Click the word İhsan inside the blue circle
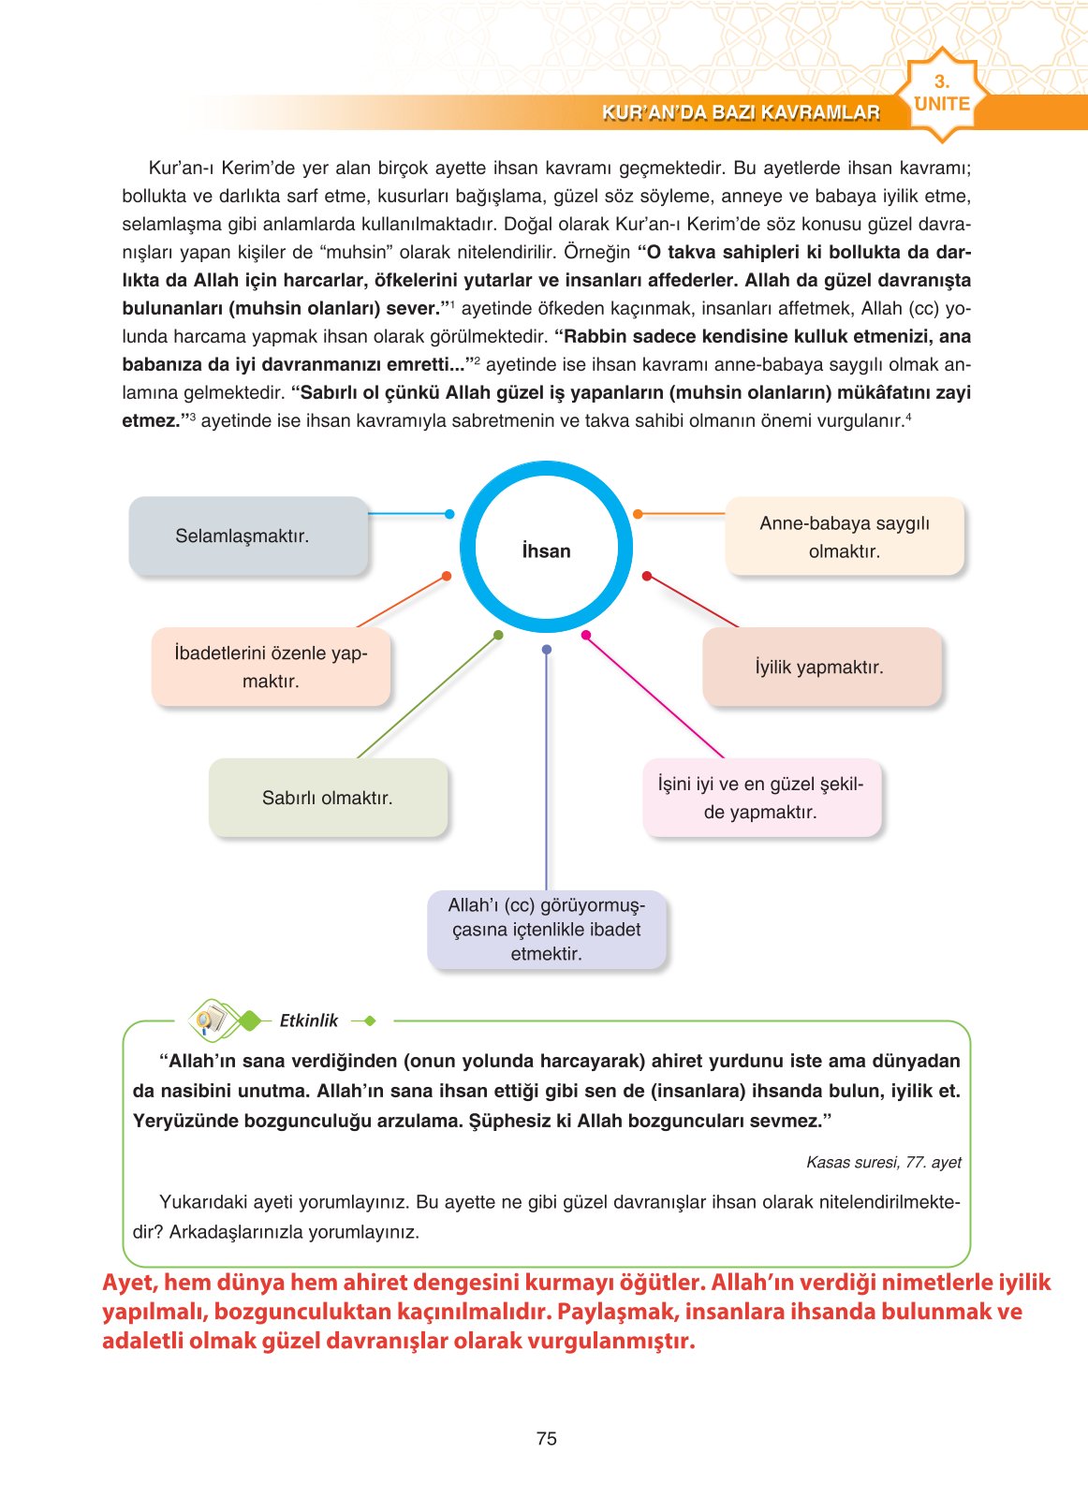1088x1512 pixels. pos(546,550)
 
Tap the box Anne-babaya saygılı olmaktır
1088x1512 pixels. pos(845,536)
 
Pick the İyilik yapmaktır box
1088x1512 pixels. pos(821,667)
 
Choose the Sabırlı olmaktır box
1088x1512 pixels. pos(328,798)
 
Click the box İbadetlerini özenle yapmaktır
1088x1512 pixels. pos(271,667)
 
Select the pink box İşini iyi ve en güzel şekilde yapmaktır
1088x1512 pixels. pos(761,798)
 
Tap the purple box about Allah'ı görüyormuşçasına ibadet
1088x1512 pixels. pos(547,930)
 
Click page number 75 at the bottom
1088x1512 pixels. pos(547,1438)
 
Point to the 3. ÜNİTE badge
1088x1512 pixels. pos(942,95)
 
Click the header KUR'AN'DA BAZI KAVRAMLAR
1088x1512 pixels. pos(741,112)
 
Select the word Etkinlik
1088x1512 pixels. pos(308,1020)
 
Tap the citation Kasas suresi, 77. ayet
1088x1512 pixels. pos(883,1162)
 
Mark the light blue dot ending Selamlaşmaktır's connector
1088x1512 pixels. pos(449,514)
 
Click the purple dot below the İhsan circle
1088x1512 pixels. pos(547,649)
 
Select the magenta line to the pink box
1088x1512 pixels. pos(655,697)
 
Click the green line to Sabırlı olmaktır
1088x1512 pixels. pos(426,697)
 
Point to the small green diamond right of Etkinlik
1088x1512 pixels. pos(370,1020)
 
